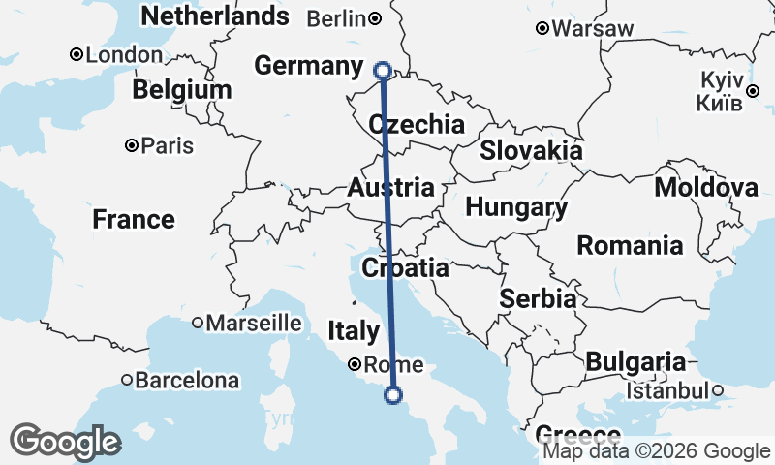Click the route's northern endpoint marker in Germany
(x=382, y=70)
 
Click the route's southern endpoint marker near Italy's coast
(x=393, y=394)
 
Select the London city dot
(x=76, y=55)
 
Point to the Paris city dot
(x=131, y=146)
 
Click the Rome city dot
(x=356, y=365)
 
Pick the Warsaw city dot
(x=542, y=29)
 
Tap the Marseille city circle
(x=198, y=323)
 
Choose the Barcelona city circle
(x=126, y=381)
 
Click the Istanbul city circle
(x=718, y=390)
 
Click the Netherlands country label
(x=214, y=16)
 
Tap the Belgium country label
(x=182, y=90)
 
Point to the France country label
(x=134, y=220)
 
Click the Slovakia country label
(x=532, y=150)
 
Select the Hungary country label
(x=516, y=207)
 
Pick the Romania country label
(x=625, y=246)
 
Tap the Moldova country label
(x=706, y=187)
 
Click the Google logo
(x=66, y=442)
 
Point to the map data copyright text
(x=656, y=450)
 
